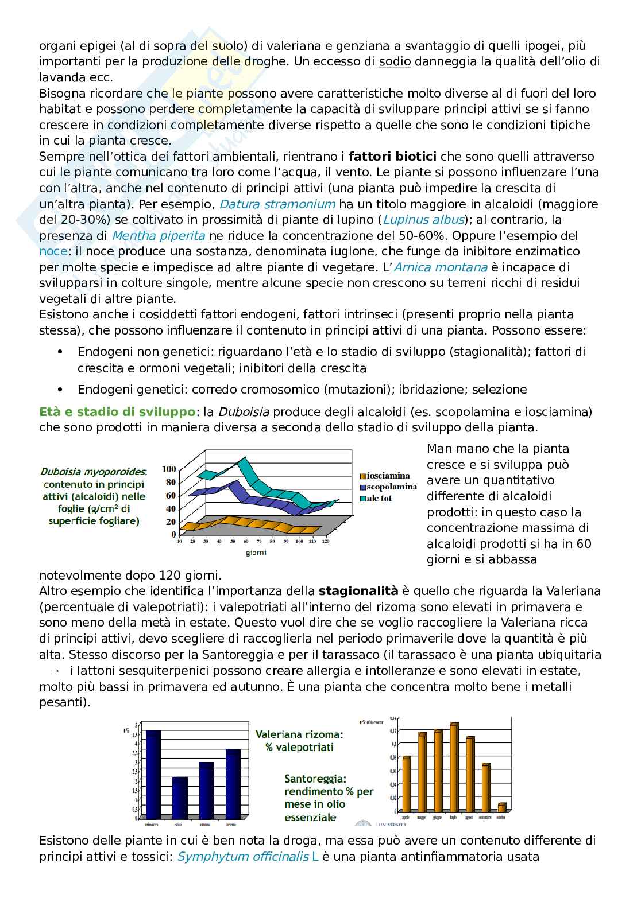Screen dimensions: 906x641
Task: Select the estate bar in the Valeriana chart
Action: pos(180,797)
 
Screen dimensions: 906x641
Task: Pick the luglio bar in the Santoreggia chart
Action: pos(454,768)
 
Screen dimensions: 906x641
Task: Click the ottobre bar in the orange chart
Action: pos(501,807)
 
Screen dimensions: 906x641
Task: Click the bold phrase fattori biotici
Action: pos(392,156)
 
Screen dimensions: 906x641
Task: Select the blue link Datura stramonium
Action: pos(277,204)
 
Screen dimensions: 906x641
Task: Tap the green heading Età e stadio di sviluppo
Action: pos(117,411)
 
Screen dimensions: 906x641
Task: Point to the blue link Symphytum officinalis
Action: pos(241,857)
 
